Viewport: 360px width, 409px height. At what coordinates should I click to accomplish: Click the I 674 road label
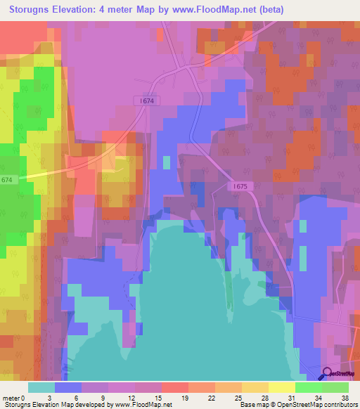click(x=146, y=101)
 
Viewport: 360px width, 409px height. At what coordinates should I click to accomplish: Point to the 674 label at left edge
click(x=7, y=180)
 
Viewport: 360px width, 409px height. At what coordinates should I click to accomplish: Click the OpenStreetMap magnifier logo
click(x=328, y=374)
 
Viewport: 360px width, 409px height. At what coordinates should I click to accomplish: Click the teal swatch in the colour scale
click(x=41, y=387)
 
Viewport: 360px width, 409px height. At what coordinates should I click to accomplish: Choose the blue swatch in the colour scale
click(x=68, y=387)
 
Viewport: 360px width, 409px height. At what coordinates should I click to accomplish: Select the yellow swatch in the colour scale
click(x=282, y=387)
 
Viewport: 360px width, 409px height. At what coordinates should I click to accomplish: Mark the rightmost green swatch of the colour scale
click(x=335, y=387)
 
